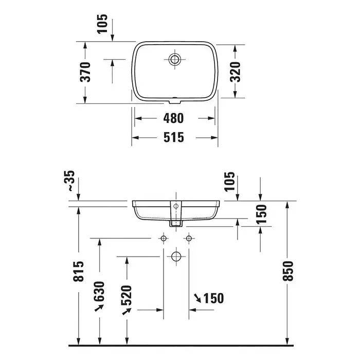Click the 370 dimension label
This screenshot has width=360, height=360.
[85, 72]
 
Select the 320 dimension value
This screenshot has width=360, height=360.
[236, 72]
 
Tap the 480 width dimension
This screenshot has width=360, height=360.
[174, 118]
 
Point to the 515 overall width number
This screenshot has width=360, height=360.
[174, 137]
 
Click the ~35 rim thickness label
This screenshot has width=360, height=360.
[69, 181]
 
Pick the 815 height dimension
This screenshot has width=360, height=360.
[79, 271]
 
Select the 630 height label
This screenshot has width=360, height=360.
[99, 292]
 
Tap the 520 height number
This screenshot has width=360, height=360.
[127, 296]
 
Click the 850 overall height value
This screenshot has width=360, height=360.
[288, 271]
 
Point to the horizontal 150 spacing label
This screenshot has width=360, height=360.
[213, 298]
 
